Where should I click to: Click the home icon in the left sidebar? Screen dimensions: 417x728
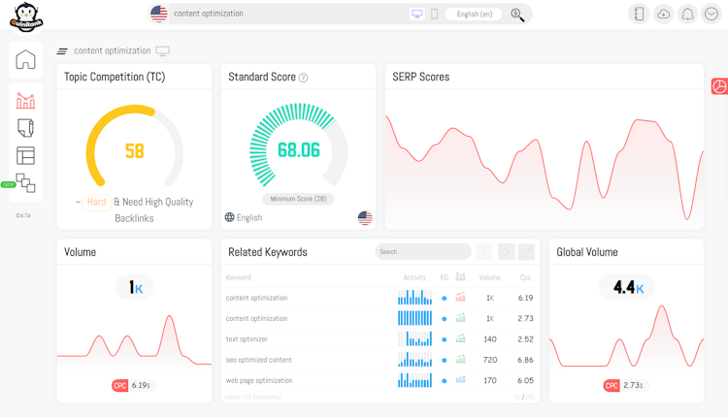point(26,59)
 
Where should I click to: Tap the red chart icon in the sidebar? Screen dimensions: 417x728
point(26,100)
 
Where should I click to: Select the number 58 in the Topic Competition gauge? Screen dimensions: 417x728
point(134,151)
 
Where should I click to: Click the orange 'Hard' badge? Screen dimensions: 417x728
point(96,202)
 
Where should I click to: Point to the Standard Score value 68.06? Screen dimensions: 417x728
point(298,150)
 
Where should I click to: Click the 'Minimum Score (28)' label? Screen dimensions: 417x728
point(298,199)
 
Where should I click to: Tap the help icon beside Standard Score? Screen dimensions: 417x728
point(303,78)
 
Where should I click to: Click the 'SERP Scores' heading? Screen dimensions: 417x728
point(420,77)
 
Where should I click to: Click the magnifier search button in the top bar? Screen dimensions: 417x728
point(517,15)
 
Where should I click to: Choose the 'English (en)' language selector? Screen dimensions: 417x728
point(474,15)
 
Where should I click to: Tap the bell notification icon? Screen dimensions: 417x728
point(688,15)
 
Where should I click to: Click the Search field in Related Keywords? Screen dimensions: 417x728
point(422,252)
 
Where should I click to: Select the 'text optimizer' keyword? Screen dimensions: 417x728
point(247,339)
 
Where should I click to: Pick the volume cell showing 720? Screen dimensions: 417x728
point(490,360)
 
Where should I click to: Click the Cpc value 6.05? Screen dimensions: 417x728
point(525,380)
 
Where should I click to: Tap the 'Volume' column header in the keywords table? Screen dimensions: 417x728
point(490,277)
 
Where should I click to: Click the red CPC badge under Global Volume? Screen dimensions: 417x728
point(612,385)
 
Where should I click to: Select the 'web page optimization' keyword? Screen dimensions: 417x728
point(259,380)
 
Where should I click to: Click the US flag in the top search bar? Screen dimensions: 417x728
point(158,15)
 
